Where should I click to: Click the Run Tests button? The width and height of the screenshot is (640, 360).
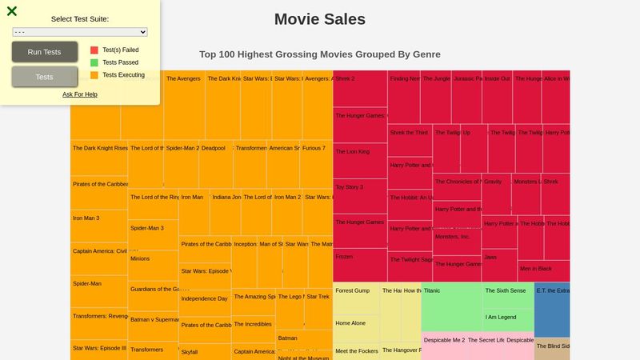[44, 52]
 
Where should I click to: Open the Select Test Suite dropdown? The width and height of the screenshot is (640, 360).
[80, 32]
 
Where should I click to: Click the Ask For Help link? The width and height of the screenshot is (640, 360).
[80, 94]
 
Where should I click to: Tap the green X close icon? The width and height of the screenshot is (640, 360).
[12, 11]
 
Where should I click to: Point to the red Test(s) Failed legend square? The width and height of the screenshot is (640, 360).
[94, 50]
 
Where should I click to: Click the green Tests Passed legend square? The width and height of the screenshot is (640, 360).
[94, 62]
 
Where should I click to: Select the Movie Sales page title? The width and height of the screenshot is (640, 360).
[320, 19]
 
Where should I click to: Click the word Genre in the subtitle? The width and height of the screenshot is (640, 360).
[422, 54]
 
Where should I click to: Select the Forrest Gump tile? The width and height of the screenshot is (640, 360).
[356, 298]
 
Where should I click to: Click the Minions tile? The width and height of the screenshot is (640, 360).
[153, 265]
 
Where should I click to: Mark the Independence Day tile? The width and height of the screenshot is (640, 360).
[205, 303]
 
